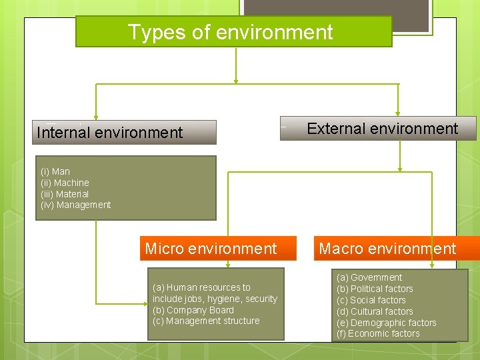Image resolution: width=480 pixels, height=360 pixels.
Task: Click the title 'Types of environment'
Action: [230, 32]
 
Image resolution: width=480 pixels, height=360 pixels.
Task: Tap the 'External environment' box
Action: [382, 129]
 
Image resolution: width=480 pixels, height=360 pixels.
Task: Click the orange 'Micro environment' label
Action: [211, 249]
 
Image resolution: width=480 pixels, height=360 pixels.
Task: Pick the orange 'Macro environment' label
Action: [387, 249]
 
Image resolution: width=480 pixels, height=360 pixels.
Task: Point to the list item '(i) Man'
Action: [55, 171]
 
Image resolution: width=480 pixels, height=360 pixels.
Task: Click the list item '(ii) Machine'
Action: [65, 183]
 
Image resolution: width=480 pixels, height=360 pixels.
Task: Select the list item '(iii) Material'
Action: [65, 194]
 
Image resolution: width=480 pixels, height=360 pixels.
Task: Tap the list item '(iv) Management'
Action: [76, 205]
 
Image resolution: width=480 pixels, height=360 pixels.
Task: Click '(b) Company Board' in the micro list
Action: [193, 310]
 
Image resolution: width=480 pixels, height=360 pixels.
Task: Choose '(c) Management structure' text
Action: [206, 321]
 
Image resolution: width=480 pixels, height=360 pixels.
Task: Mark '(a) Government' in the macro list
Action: [369, 277]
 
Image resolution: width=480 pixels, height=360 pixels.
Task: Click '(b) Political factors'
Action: [375, 289]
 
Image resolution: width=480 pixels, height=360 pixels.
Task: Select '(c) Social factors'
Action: [371, 300]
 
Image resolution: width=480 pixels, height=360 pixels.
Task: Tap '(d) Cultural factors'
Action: [375, 311]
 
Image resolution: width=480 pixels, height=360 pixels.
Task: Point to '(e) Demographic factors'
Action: [387, 323]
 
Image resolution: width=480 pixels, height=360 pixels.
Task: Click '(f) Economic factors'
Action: [378, 333]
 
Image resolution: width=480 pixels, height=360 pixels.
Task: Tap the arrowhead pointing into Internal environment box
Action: [96, 117]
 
